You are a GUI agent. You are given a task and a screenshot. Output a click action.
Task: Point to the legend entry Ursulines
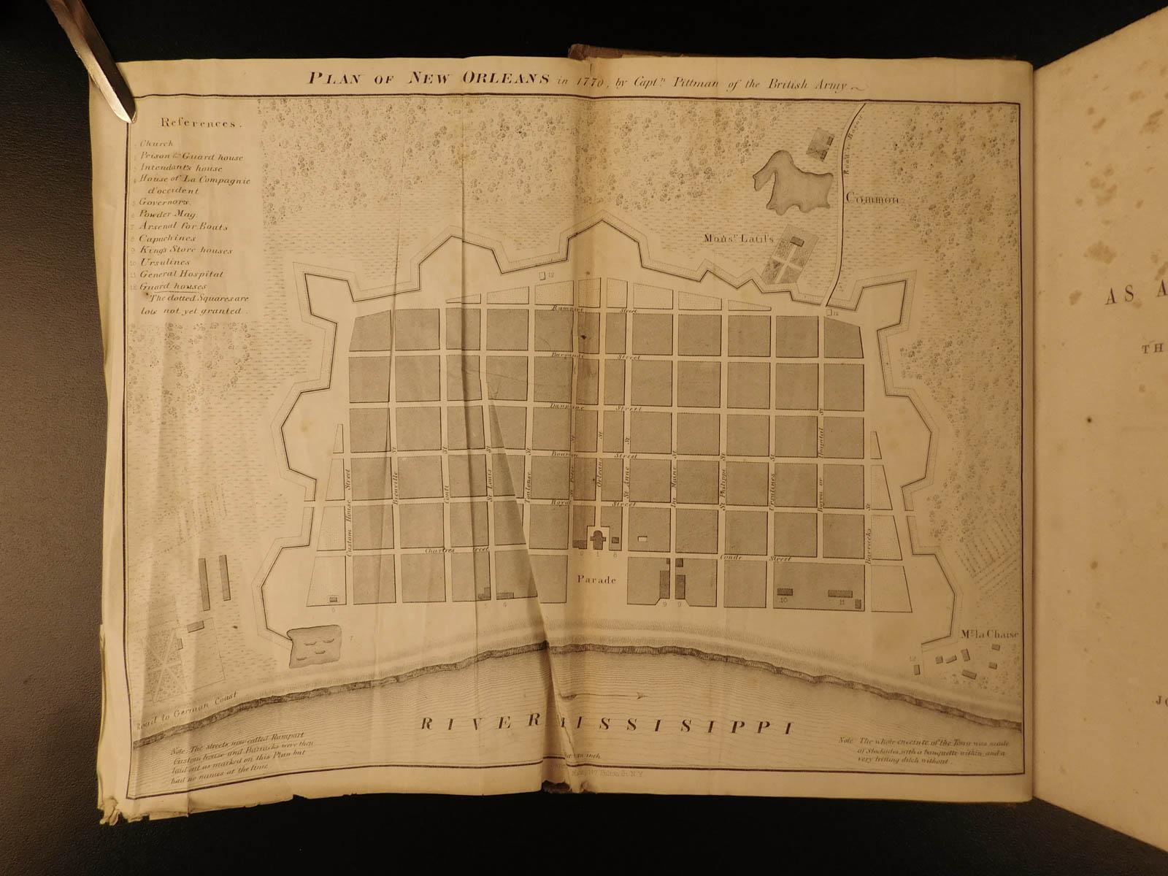pos(166,262)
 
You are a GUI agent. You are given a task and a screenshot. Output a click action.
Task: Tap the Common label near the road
pos(870,199)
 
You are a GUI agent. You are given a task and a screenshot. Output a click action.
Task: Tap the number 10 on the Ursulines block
pos(783,602)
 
